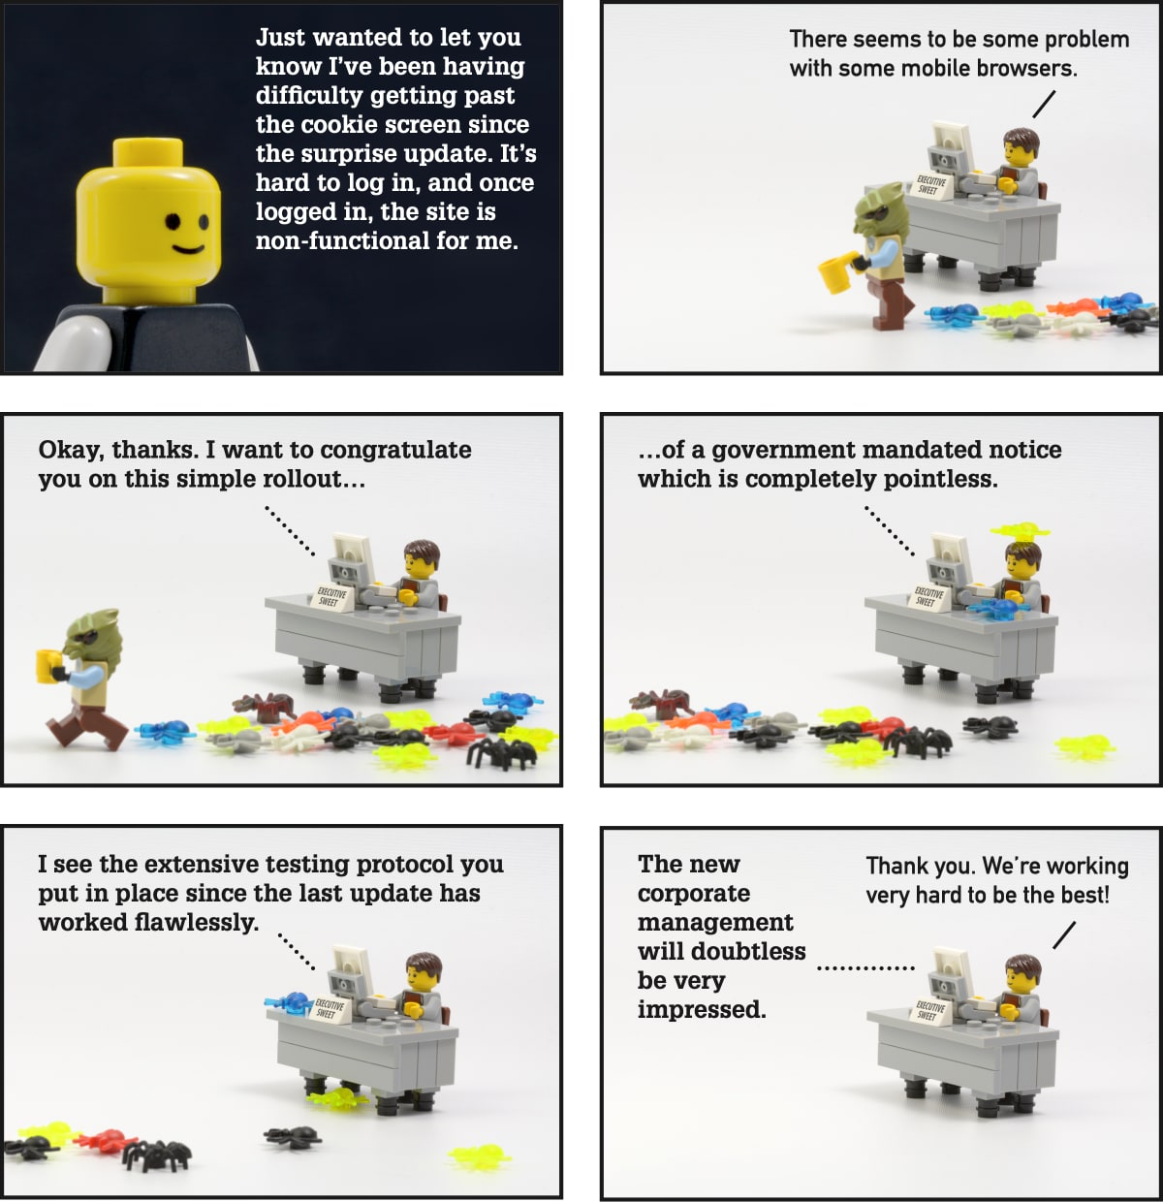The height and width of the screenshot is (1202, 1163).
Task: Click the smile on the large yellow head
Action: [x=188, y=249]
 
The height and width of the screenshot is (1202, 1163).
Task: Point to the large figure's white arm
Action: [x=73, y=343]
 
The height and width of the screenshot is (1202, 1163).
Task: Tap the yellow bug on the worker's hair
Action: [x=1020, y=530]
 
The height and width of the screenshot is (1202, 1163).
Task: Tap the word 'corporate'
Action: [x=694, y=894]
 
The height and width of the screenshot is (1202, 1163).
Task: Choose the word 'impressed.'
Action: [x=702, y=1010]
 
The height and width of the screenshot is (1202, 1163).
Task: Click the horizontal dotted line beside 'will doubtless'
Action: [x=865, y=967]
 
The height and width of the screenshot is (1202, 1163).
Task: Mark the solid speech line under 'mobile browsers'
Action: [x=1044, y=104]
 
